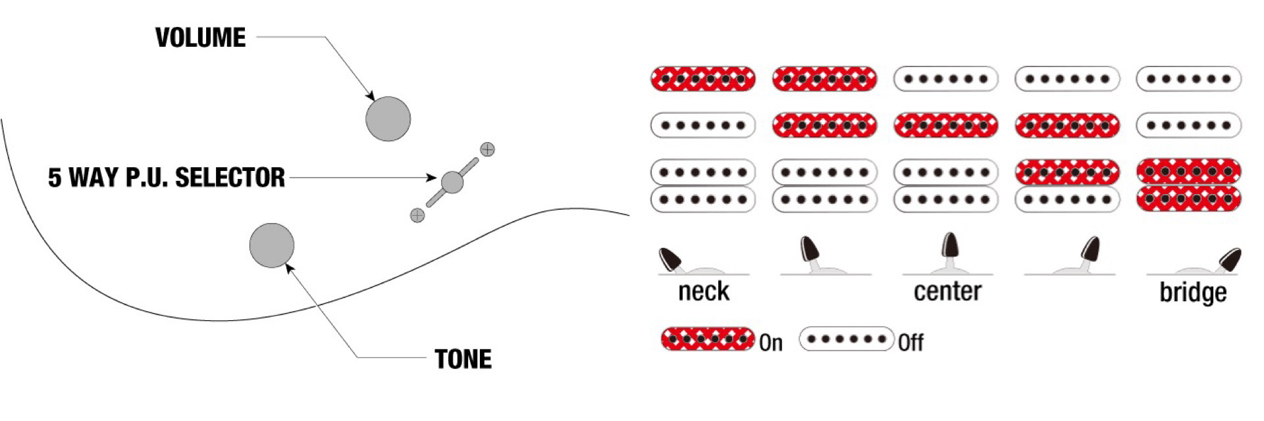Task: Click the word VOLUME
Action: [x=200, y=38]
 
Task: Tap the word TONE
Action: [x=463, y=359]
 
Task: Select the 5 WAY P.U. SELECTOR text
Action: [x=167, y=178]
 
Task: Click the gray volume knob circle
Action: [x=388, y=119]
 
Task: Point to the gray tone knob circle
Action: [x=272, y=245]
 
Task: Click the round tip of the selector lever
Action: [x=452, y=182]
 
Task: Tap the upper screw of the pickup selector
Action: [x=487, y=150]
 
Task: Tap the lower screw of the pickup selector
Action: [x=417, y=215]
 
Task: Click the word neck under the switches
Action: [x=704, y=291]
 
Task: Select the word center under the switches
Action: [x=947, y=291]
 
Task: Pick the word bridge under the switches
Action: [x=1192, y=293]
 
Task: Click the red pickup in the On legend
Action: [x=708, y=339]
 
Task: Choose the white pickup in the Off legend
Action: [x=847, y=339]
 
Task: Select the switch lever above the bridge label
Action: [x=1229, y=259]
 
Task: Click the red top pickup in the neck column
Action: [x=702, y=79]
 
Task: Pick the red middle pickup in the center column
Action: [x=945, y=125]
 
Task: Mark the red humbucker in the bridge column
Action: [x=1188, y=185]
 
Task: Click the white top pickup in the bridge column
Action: [x=1188, y=79]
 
